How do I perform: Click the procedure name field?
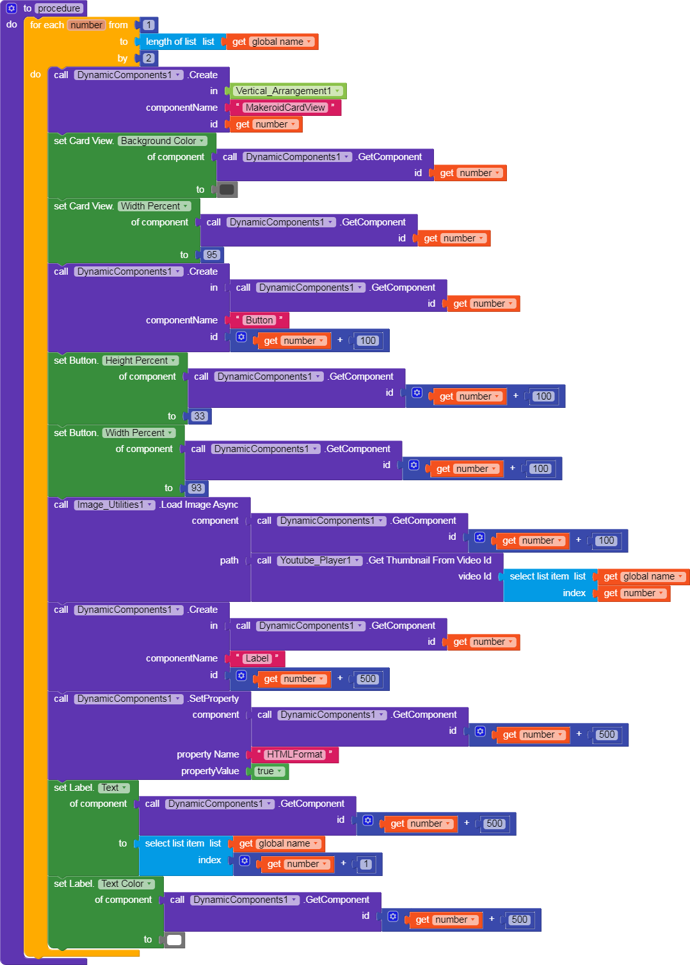pos(59,8)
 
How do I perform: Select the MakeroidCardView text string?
pos(285,108)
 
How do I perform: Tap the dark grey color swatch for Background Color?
pos(227,190)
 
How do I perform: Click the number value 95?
pos(212,255)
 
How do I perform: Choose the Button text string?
pos(259,320)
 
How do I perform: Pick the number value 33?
pos(200,416)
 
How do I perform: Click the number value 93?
pos(197,488)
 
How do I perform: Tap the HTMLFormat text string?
pos(294,754)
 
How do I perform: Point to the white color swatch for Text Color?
pos(175,940)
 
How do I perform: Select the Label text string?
pos(257,658)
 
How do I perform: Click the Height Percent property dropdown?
pos(140,361)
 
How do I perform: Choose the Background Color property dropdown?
pos(162,141)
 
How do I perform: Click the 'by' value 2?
pos(148,58)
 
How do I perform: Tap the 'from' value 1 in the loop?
pos(148,25)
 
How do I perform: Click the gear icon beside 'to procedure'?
pos(12,8)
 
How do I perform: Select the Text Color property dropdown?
pos(126,884)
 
